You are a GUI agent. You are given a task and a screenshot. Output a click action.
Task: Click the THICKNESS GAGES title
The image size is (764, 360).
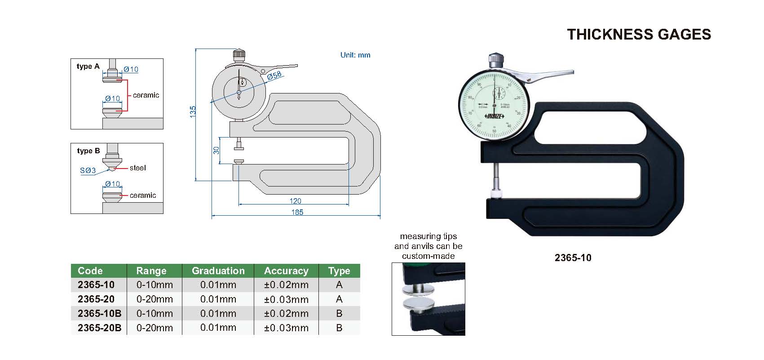pyautogui.click(x=639, y=35)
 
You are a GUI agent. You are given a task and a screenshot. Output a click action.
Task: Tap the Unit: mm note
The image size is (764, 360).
pyautogui.click(x=355, y=55)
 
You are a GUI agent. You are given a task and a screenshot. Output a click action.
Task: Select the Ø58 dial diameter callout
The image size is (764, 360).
pyautogui.click(x=274, y=76)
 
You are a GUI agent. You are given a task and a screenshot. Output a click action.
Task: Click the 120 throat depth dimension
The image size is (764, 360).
pyautogui.click(x=295, y=201)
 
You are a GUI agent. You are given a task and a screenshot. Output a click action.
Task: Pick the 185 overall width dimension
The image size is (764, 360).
pyautogui.click(x=297, y=212)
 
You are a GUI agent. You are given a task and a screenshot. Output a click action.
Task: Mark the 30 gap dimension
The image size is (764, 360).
pyautogui.click(x=216, y=150)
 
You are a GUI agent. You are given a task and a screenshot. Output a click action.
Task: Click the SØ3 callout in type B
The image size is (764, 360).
pyautogui.click(x=88, y=170)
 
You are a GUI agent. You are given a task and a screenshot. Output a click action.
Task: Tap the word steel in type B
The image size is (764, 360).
pyautogui.click(x=138, y=168)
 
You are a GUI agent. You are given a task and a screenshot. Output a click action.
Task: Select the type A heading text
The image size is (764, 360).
pyautogui.click(x=88, y=67)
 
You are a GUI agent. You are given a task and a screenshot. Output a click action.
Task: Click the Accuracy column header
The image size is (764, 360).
pyautogui.click(x=286, y=271)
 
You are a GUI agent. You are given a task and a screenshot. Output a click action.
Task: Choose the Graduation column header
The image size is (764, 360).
pyautogui.click(x=218, y=271)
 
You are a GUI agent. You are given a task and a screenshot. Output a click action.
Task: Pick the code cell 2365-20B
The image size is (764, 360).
pyautogui.click(x=99, y=328)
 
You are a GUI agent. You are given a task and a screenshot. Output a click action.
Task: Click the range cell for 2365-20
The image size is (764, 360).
pyautogui.click(x=155, y=299)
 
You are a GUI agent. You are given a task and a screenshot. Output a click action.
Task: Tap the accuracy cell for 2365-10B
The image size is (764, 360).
pyautogui.click(x=286, y=313)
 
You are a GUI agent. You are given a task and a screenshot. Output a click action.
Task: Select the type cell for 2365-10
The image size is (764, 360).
pyautogui.click(x=339, y=284)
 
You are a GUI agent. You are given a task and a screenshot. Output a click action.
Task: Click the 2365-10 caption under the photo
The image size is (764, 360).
pyautogui.click(x=573, y=258)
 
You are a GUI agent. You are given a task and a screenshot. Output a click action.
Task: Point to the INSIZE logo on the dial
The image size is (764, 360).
pyautogui.click(x=495, y=116)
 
